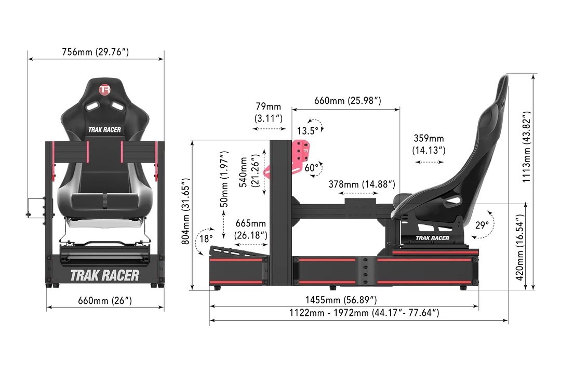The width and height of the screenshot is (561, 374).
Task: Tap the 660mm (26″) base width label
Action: point(105,300)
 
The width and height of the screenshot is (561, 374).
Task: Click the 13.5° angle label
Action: point(306,129)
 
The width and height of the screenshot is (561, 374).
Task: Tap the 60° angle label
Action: point(312,167)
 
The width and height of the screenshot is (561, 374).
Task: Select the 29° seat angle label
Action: point(482,225)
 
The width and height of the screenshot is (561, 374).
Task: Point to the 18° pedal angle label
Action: point(206,239)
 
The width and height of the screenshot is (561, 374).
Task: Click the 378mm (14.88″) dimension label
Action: point(362,184)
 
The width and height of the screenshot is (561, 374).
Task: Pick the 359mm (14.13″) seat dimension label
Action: point(429,144)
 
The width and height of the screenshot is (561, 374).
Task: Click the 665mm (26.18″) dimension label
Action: point(251,229)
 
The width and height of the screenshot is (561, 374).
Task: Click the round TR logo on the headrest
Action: point(105,89)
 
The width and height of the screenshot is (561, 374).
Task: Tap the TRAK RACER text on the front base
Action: point(105,275)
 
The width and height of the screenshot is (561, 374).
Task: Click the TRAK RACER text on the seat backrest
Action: point(105,130)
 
